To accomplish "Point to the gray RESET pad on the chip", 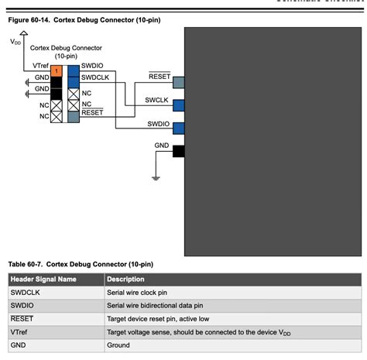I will pyautogui.click(x=179, y=82).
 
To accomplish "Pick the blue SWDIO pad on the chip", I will pyautogui.click(x=179, y=128).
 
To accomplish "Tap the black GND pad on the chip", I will pyautogui.click(x=179, y=150).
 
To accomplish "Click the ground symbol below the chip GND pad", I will pyautogui.click(x=156, y=177).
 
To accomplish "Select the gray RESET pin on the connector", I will pyautogui.click(x=73, y=116).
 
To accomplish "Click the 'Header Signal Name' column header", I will pyautogui.click(x=44, y=279).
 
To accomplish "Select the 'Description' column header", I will pyautogui.click(x=125, y=279).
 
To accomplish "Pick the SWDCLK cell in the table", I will pyautogui.click(x=27, y=293).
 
